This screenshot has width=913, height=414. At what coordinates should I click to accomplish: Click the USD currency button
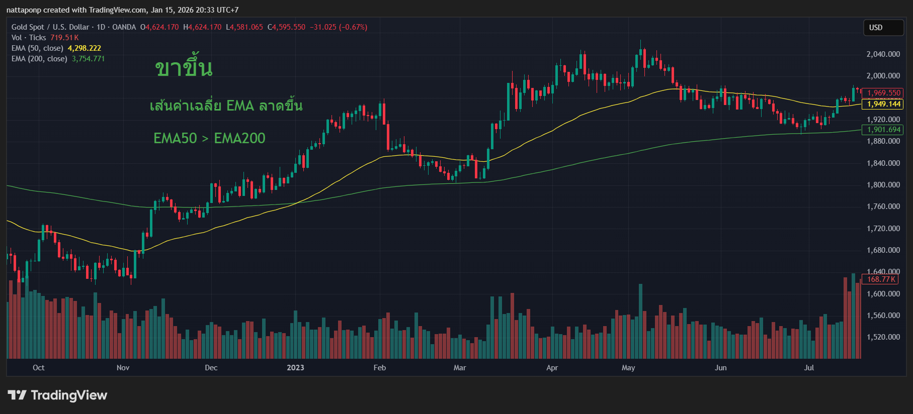point(883,28)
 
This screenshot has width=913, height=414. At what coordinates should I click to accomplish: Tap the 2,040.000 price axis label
point(883,54)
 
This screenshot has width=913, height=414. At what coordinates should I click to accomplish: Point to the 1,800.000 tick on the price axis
point(883,185)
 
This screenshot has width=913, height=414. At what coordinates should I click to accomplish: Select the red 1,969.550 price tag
point(883,93)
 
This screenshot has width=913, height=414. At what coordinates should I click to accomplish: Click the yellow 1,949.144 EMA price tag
point(883,104)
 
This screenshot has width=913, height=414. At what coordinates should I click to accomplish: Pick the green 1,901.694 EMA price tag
point(883,130)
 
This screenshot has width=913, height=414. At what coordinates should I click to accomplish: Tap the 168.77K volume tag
point(881,279)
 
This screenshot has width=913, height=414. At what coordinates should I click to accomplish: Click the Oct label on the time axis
point(38,368)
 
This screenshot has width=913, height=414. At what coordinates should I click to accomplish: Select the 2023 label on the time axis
point(295,368)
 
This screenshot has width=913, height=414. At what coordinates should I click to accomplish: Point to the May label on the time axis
point(628,368)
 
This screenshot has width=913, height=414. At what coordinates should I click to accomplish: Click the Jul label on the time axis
point(809,368)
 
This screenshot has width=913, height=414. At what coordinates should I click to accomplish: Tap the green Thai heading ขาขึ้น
point(184,68)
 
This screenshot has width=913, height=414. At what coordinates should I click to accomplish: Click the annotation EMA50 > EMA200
point(209,138)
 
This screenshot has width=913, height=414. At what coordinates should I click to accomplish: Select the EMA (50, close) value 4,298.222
point(85,48)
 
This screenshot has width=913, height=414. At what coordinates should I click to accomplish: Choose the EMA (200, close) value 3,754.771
point(89,59)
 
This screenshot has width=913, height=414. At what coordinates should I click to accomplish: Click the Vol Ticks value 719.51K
point(64,38)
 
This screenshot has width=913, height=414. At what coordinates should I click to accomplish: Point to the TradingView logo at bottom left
point(57,395)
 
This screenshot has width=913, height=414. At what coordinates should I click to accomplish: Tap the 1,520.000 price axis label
point(883,337)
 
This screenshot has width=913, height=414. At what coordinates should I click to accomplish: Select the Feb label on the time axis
point(380,368)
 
